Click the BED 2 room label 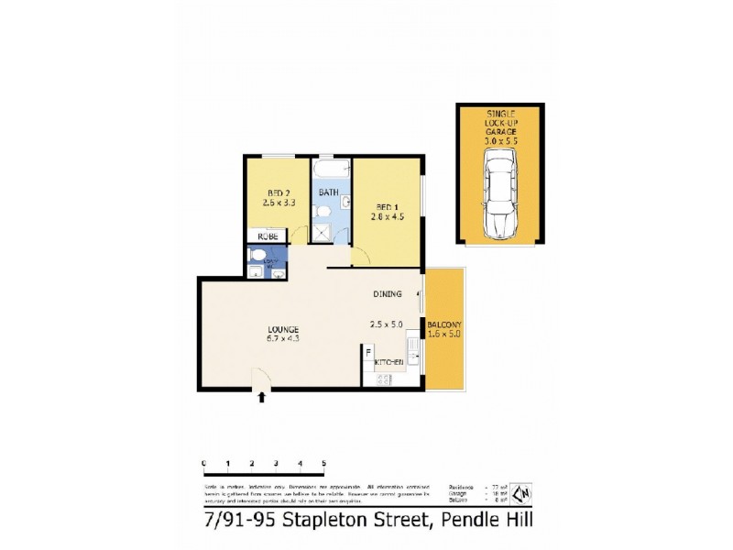[x=272, y=192]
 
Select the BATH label [x=328, y=192]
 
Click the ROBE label [x=266, y=236]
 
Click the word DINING [x=387, y=294]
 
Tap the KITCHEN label [x=389, y=363]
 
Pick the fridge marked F [x=368, y=351]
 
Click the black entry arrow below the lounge [x=264, y=397]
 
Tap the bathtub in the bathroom [x=327, y=171]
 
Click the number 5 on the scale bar [x=323, y=464]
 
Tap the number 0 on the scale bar [x=202, y=464]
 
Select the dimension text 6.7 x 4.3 [x=284, y=339]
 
